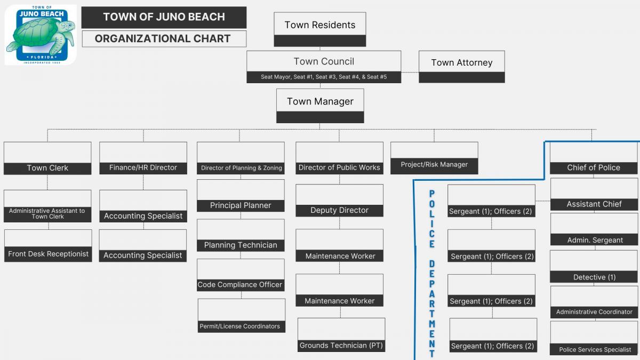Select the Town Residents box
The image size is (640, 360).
point(319,25)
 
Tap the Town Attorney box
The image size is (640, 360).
point(461,62)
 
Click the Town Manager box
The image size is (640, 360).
point(320,101)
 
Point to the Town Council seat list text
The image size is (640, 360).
point(323,77)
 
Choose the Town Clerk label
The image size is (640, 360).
point(47,168)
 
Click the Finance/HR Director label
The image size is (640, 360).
point(143,167)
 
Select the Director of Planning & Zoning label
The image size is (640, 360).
point(241,168)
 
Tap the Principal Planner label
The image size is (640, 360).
point(241,205)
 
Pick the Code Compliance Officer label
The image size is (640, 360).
point(240,285)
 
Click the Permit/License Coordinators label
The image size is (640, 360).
point(239,326)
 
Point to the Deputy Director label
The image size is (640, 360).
point(339,210)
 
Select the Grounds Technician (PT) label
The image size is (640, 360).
point(341,346)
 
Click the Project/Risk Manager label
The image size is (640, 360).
point(434,165)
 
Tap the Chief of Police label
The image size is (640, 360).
point(594,167)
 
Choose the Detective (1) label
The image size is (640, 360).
point(594,277)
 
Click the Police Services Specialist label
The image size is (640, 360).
point(595,350)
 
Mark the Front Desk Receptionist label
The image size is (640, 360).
point(48,254)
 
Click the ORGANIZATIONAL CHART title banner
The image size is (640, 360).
point(163,38)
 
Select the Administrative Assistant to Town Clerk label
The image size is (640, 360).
point(47,213)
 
